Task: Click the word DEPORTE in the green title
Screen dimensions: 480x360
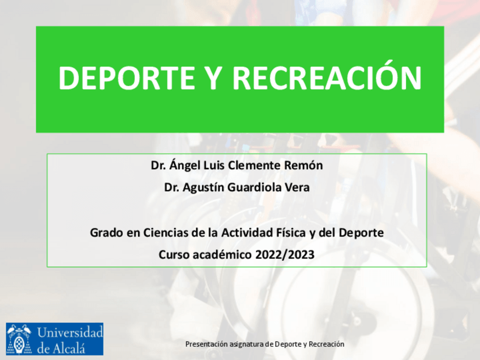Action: [127, 78]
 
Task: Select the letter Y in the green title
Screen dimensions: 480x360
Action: [214, 78]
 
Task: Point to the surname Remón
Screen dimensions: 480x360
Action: [303, 165]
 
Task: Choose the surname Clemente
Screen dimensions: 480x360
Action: [254, 166]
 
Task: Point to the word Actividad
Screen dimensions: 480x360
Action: [247, 233]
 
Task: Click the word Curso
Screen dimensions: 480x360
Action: [174, 255]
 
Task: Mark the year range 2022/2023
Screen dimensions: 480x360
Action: [285, 255]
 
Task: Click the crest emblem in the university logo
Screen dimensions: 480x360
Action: [19, 339]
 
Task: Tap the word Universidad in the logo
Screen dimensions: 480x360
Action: [70, 332]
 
